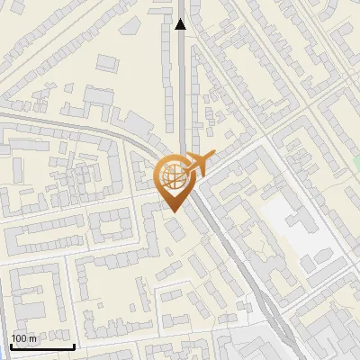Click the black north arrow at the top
tap(181, 25)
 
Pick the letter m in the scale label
tap(33, 338)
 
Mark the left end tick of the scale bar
tap(11, 346)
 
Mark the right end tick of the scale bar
tap(74, 346)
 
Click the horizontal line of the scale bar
tap(42, 347)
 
